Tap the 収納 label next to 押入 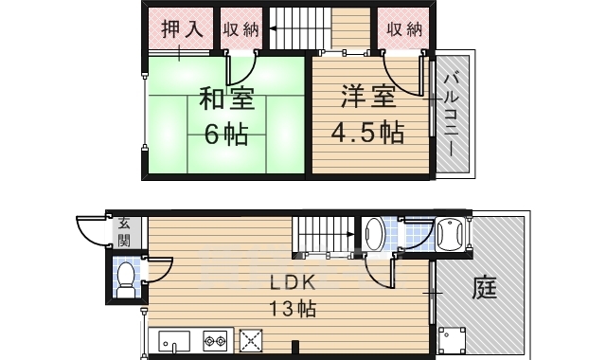pyautogui.click(x=241, y=28)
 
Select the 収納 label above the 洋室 pyautogui.click(x=404, y=28)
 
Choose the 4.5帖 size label pyautogui.click(x=365, y=134)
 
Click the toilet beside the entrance pyautogui.click(x=125, y=276)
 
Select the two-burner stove pyautogui.click(x=216, y=339)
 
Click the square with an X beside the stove pyautogui.click(x=251, y=339)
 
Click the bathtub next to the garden pyautogui.click(x=450, y=232)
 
